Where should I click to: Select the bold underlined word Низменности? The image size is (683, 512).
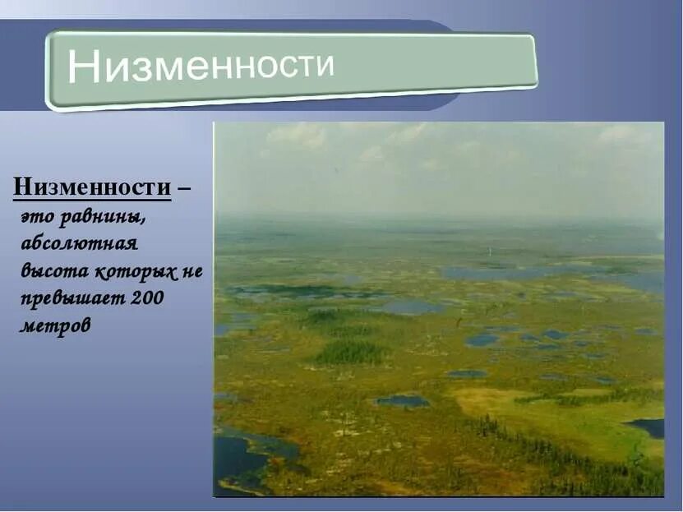92,188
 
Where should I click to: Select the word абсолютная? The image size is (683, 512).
79,244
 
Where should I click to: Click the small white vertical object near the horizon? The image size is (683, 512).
490,250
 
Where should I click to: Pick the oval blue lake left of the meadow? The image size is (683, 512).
402,401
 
